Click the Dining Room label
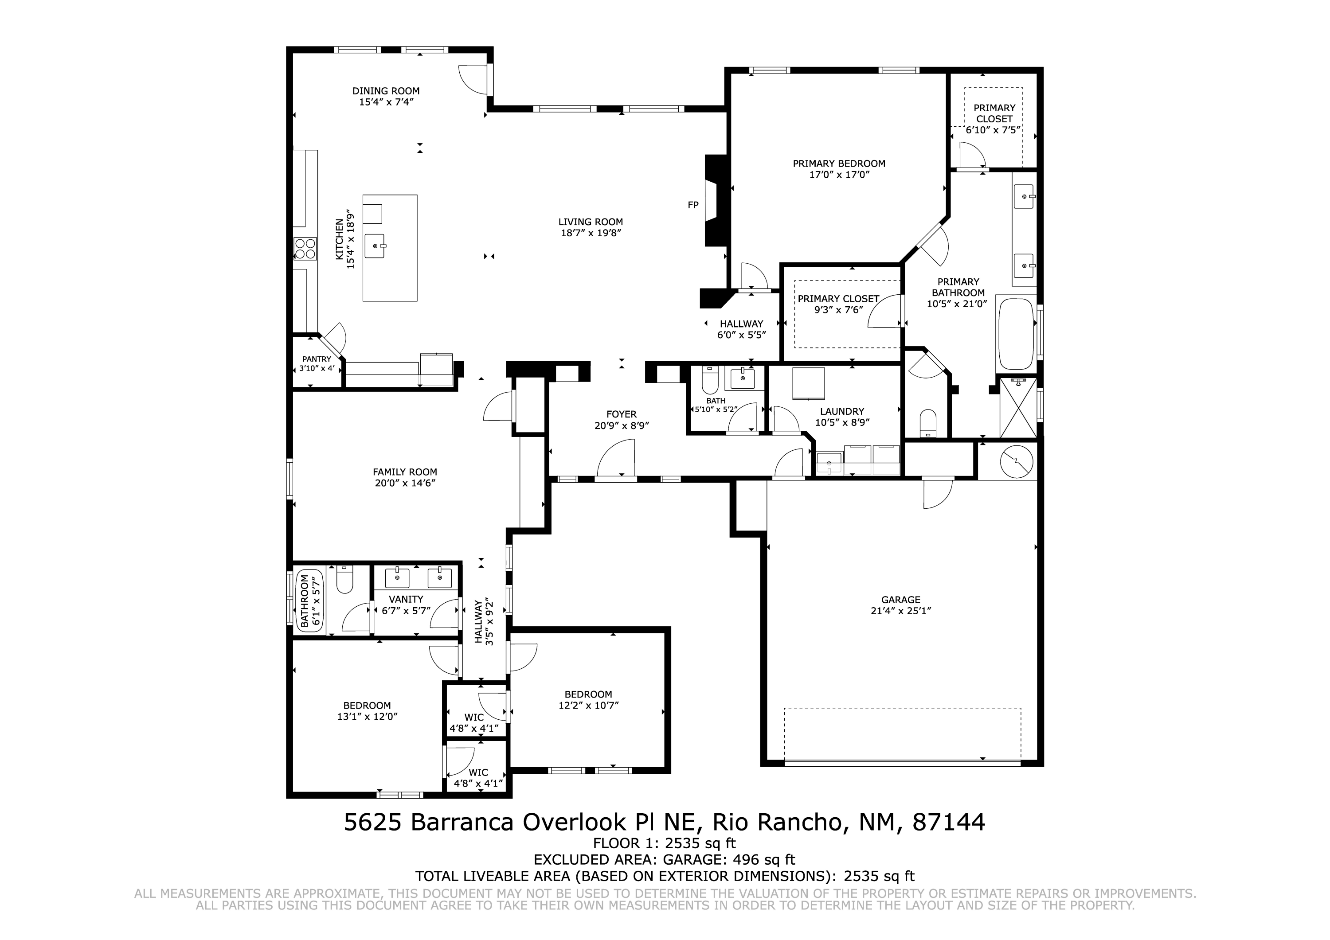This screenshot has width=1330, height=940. pos(386,91)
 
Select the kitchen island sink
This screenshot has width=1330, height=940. pos(376,246)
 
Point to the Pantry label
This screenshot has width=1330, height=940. pos(317,359)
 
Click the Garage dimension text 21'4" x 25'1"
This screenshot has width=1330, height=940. pos(901,610)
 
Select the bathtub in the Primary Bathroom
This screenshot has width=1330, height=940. pos(1017,334)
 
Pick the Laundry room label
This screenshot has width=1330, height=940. pos(842,412)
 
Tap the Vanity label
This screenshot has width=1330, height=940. pos(406,600)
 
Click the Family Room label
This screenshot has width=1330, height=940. pos(405,472)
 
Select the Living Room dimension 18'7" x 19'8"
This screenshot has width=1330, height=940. pos(591,233)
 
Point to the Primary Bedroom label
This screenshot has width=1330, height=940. pos(839,164)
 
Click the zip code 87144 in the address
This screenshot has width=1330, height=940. pos(949,823)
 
